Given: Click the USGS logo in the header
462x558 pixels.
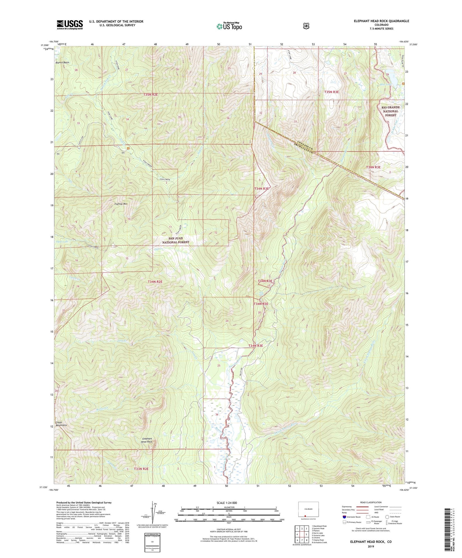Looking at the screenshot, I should (x=70, y=25).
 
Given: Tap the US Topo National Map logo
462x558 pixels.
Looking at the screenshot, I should (x=229, y=26).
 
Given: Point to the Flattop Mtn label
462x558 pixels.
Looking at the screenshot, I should (x=121, y=204).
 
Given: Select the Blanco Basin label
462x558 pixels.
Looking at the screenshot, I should (x=62, y=62).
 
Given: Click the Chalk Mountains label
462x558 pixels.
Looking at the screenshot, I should (x=61, y=424).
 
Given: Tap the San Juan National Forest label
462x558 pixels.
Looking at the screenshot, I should (x=176, y=240).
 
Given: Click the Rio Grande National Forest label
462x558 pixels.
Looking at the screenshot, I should (x=390, y=111).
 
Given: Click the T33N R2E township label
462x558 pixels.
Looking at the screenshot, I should (x=141, y=469).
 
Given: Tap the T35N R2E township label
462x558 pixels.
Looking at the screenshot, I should (x=150, y=94).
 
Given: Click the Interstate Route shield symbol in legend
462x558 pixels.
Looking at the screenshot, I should (x=344, y=517).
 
